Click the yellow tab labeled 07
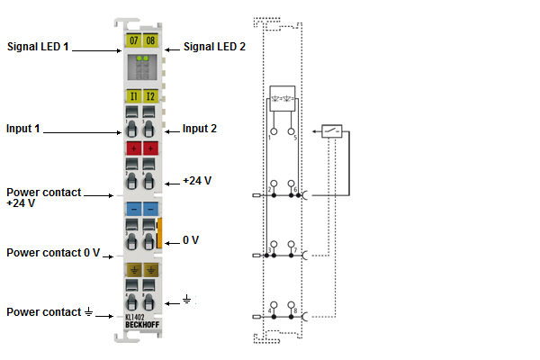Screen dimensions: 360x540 pos(133,41)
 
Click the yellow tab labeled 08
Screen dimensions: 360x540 pos(149,41)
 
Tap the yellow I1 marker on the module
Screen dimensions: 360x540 pos(133,96)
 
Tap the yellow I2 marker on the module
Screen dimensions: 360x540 pos(149,96)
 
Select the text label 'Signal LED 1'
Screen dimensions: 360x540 pos(38,46)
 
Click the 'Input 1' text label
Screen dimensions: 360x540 pos(24,129)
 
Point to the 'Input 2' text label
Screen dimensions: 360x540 pos(200,129)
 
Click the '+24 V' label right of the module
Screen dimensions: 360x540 pos(196,180)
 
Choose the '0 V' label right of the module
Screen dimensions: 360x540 pos(191,240)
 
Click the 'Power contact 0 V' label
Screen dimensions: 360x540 pos(53,253)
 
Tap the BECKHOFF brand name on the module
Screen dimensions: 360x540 pos(141,325)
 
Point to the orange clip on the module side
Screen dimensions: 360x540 pos(159,231)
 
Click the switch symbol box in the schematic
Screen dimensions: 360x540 pos(332,131)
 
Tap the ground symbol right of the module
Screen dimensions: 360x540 pos(186,298)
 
